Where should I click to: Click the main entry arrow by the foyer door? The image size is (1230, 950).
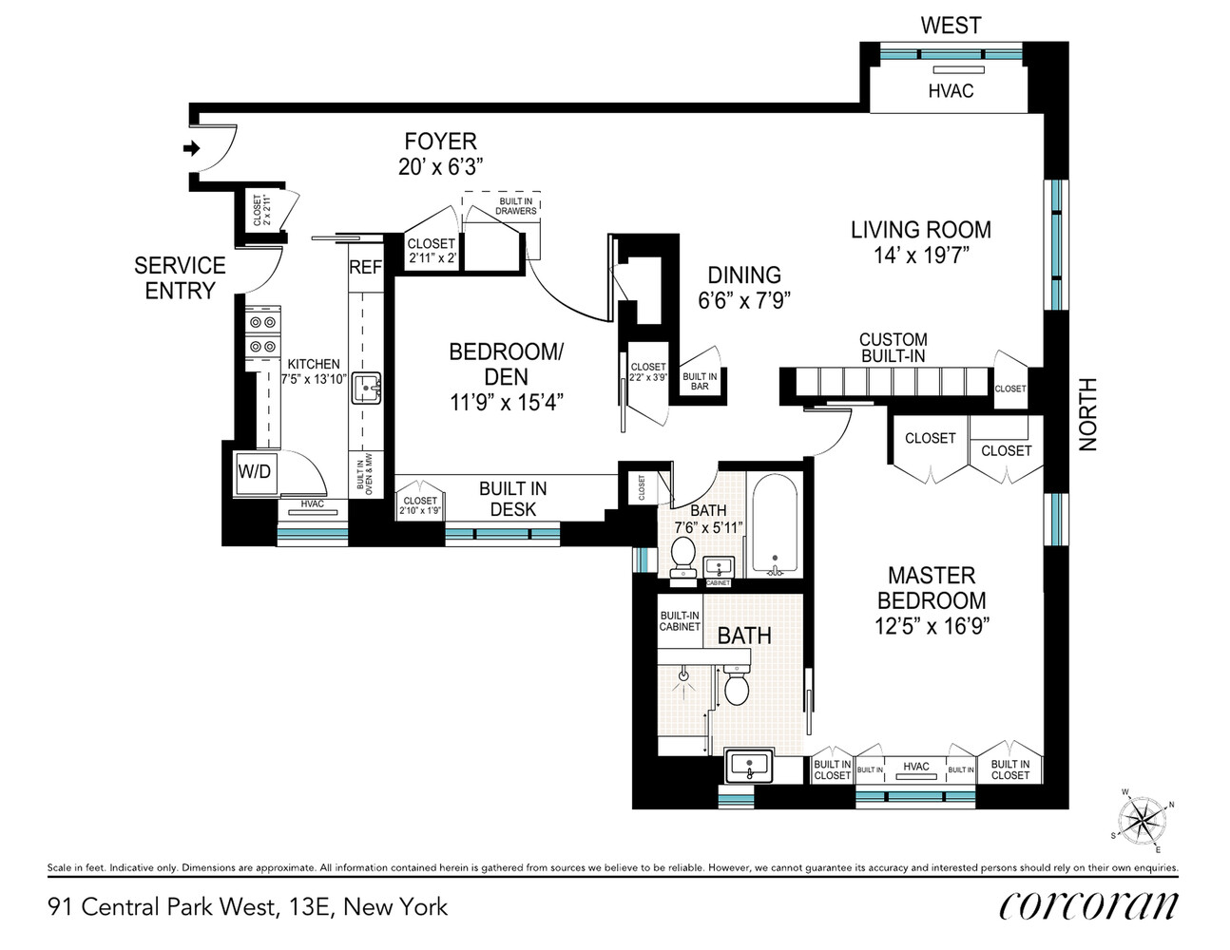click(191, 148)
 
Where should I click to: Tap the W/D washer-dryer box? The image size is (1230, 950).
click(254, 471)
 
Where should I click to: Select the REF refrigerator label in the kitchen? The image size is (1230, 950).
click(365, 268)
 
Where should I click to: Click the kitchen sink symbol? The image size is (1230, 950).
click(366, 389)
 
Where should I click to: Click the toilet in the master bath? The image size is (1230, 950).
click(738, 685)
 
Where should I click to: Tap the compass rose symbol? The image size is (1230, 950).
click(1140, 820)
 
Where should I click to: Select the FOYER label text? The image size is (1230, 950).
click(440, 142)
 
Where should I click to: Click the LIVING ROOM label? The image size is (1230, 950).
click(920, 230)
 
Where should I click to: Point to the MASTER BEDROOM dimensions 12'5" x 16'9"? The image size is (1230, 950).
click(932, 626)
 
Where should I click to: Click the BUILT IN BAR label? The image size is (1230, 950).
click(700, 381)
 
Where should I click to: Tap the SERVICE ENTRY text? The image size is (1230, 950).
click(180, 278)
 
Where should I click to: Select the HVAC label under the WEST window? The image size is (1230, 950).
click(951, 91)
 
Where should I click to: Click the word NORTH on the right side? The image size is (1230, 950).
click(1088, 414)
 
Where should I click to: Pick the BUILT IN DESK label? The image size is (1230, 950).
click(512, 499)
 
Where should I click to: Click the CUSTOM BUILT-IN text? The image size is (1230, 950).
click(893, 348)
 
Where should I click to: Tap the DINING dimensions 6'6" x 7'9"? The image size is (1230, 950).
click(744, 300)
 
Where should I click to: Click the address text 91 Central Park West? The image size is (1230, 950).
click(163, 906)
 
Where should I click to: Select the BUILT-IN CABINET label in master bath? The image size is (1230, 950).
click(680, 621)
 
